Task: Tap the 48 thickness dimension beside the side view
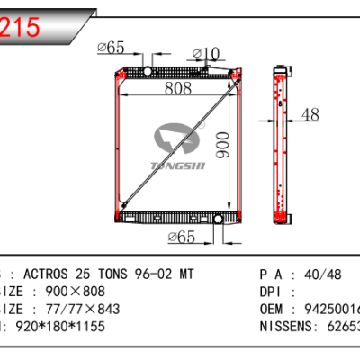310,114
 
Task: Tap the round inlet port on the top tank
148,70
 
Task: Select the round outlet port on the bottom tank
216,219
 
